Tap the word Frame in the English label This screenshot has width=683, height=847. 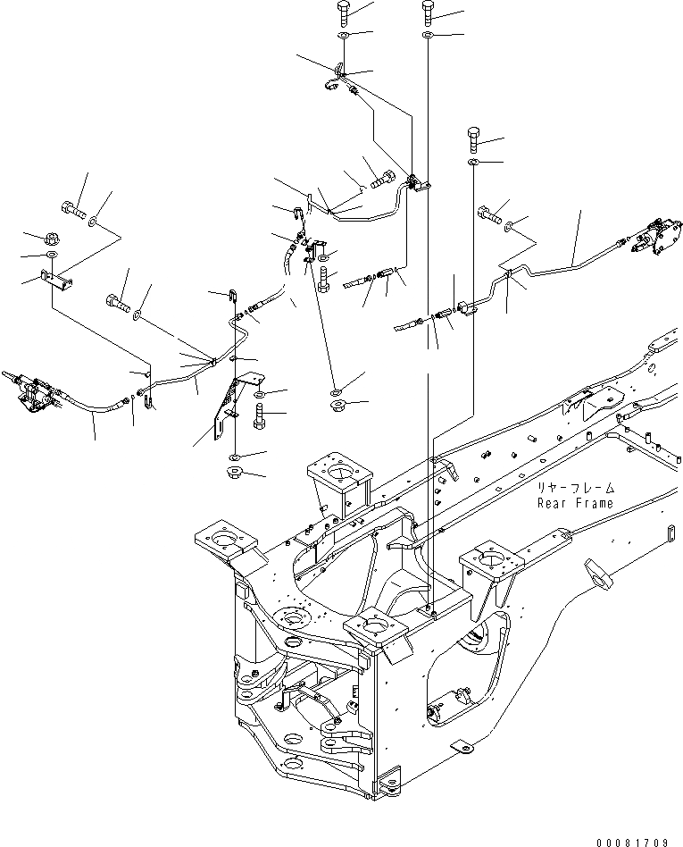594,504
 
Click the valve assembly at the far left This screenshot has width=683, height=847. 31,391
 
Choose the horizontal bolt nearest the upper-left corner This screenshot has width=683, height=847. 72,213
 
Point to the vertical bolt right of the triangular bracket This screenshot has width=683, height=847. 260,415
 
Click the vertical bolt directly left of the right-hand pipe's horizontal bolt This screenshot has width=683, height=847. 473,139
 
